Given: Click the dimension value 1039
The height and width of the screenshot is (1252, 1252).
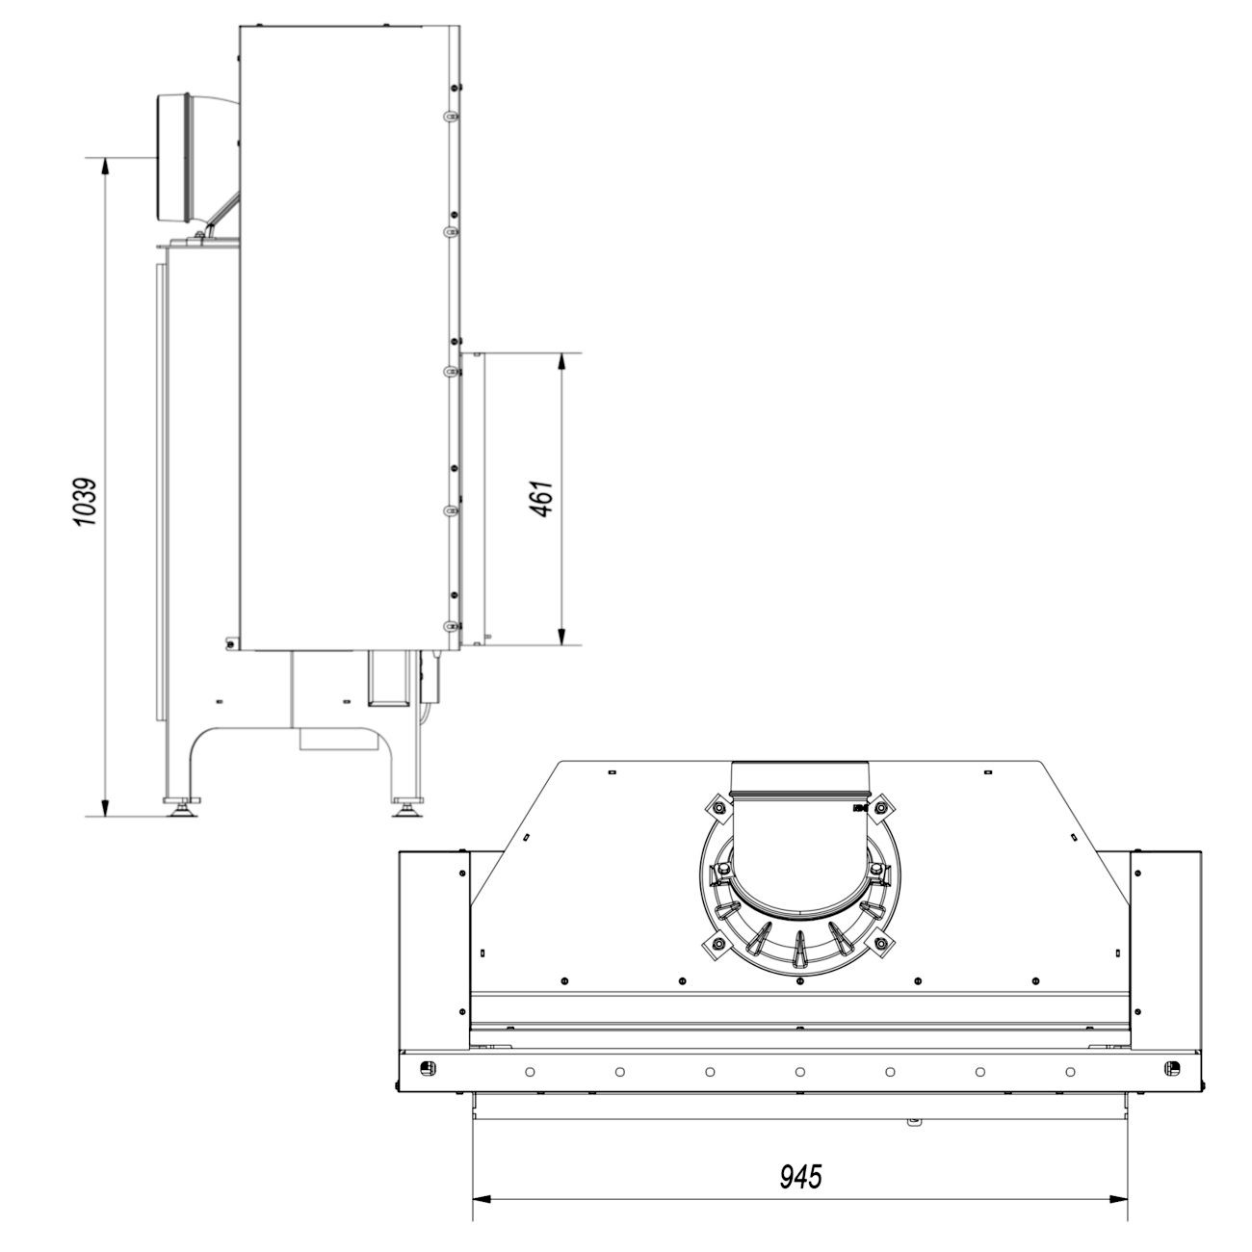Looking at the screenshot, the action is coord(85,502).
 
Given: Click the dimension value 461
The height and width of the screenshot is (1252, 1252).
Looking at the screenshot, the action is coord(541,499).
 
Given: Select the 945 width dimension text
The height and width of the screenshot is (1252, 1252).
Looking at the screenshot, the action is coord(800,1177).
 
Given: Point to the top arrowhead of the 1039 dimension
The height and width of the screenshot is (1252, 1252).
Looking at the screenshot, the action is coord(105,167).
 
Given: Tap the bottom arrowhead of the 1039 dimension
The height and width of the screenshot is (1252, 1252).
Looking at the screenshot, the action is coord(105,806).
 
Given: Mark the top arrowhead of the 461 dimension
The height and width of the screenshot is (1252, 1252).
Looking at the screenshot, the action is coord(562,363).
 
